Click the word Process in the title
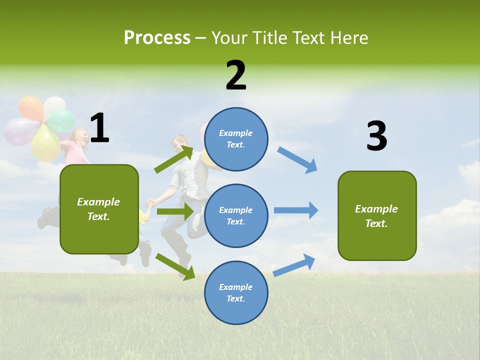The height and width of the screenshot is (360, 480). (157, 38)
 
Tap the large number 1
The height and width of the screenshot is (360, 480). (99, 128)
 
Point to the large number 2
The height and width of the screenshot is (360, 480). (236, 75)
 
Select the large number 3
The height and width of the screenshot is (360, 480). (376, 136)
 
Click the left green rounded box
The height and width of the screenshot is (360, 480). (99, 209)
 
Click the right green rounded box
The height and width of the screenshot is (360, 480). (377, 215)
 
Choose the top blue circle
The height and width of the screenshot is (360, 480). (236, 139)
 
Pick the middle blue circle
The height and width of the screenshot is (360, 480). (236, 215)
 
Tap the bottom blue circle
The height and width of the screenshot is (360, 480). (236, 292)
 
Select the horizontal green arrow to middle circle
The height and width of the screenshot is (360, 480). (175, 211)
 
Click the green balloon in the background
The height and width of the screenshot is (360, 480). (61, 120)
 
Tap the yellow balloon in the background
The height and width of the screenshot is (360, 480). (46, 144)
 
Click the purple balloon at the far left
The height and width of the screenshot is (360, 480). (19, 131)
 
